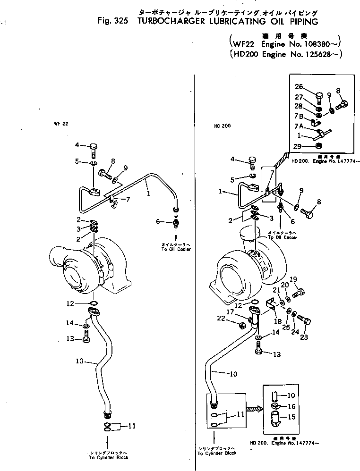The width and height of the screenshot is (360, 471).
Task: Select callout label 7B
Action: [299, 116]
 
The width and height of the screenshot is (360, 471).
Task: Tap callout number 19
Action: [293, 279]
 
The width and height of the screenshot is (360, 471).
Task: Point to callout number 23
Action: [304, 337]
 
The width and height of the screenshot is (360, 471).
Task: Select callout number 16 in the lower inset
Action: [291, 406]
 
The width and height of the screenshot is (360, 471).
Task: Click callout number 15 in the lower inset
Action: [291, 417]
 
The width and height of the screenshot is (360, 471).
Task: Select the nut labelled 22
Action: [241, 325]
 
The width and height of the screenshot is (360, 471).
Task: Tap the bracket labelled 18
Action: [271, 304]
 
